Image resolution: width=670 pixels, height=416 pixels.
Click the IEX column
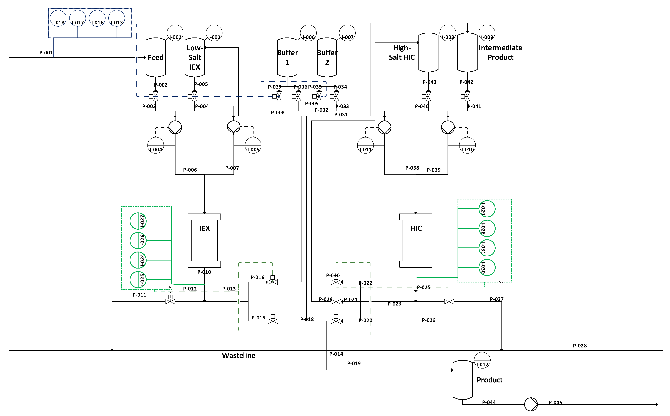click(x=204, y=240)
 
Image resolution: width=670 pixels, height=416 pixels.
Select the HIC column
click(x=416, y=240)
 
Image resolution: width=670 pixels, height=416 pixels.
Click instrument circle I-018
click(x=58, y=18)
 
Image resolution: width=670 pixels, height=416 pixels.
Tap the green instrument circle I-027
click(x=138, y=221)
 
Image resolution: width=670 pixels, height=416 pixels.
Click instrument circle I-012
click(x=482, y=360)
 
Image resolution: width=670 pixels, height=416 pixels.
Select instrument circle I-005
click(x=253, y=145)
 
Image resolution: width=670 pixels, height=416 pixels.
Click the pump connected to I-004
click(x=175, y=127)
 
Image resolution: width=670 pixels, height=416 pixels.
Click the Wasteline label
click(x=239, y=355)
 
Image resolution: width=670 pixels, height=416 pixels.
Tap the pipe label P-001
click(x=46, y=52)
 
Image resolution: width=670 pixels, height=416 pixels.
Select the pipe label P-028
click(x=580, y=346)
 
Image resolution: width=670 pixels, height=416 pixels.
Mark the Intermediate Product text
click(x=500, y=52)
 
